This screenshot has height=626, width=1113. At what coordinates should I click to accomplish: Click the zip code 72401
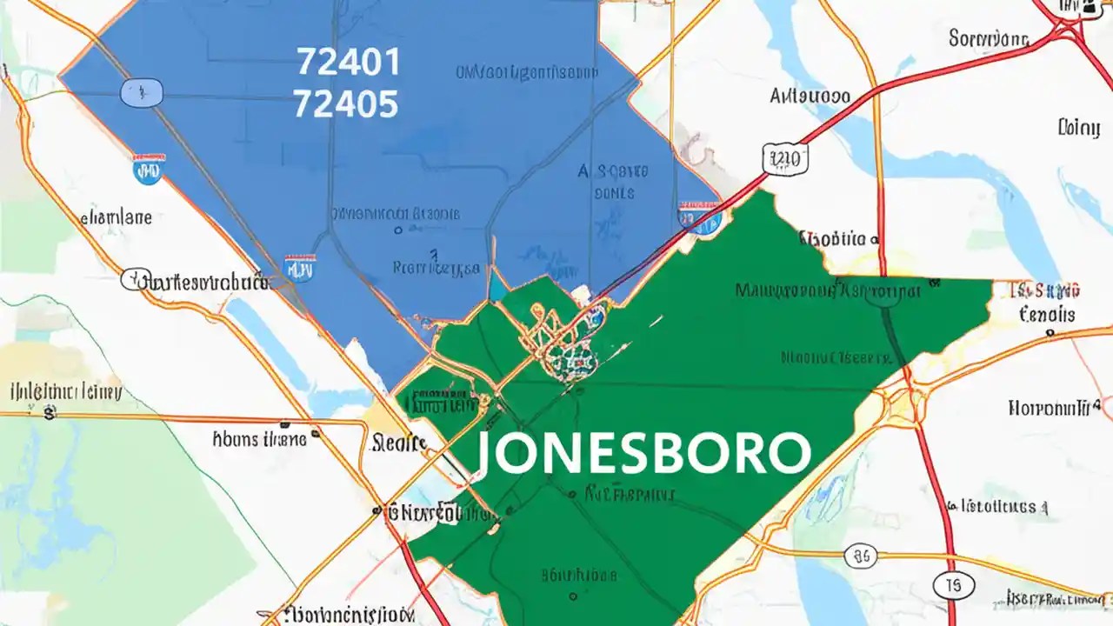click(x=348, y=63)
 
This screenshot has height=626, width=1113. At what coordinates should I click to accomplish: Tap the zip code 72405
click(x=346, y=104)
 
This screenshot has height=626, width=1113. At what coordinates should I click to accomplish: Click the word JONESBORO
click(x=643, y=452)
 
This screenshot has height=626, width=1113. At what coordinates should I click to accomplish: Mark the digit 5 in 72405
click(x=386, y=104)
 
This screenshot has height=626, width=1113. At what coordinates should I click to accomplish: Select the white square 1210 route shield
click(x=784, y=159)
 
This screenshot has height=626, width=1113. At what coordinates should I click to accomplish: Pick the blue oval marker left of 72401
click(x=142, y=91)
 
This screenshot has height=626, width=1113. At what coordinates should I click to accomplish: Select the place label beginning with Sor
click(x=988, y=38)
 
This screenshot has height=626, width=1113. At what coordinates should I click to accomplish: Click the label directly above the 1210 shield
click(x=810, y=96)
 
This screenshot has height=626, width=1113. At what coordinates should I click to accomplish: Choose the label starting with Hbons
click(x=259, y=440)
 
